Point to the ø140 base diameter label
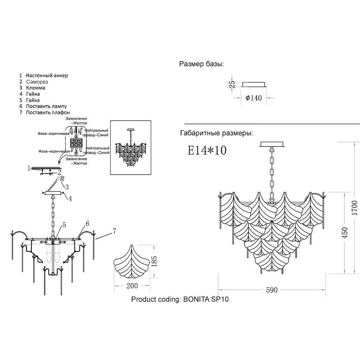[x=253, y=98]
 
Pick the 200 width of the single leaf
[x=132, y=286]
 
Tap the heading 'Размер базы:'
[x=202, y=64]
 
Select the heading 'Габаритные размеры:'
[x=216, y=133]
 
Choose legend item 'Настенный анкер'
[x=47, y=75]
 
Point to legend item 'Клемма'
[x=35, y=88]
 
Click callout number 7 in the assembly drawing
[x=114, y=230]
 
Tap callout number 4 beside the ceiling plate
[x=70, y=198]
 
